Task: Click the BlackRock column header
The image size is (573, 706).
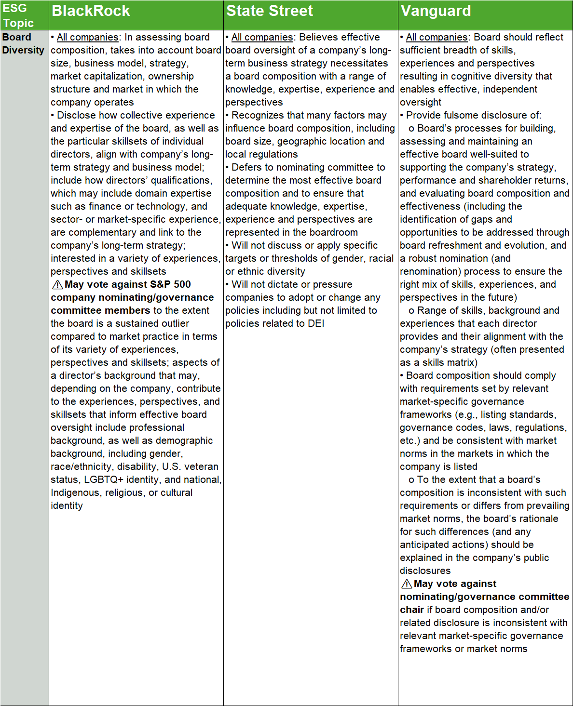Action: (91, 11)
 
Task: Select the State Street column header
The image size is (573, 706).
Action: (270, 11)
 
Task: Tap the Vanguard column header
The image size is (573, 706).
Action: (436, 11)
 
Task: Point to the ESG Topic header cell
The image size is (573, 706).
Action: (18, 15)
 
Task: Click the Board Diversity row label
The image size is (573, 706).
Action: (23, 43)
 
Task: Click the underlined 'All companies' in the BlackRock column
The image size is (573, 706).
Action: (87, 37)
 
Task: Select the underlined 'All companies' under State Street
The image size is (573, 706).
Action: (262, 37)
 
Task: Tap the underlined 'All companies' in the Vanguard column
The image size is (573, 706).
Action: (437, 37)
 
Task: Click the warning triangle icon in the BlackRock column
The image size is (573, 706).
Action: (57, 284)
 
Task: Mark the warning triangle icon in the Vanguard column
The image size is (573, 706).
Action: (407, 584)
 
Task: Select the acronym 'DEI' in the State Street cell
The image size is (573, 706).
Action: (316, 323)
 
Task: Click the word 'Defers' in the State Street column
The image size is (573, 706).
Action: (246, 167)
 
